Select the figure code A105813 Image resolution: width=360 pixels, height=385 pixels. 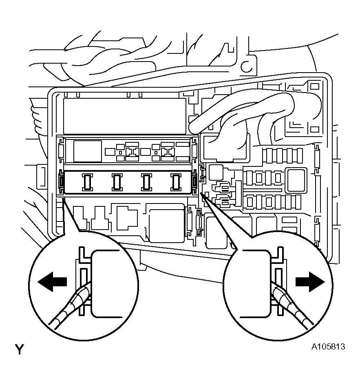click(328, 347)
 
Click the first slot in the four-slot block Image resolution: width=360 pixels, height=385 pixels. click(87, 182)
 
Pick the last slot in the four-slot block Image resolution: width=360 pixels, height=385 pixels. click(175, 182)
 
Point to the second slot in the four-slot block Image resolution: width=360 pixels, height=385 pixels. click(117, 182)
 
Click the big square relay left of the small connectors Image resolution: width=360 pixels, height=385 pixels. click(88, 151)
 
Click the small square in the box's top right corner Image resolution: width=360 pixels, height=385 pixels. click(314, 87)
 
